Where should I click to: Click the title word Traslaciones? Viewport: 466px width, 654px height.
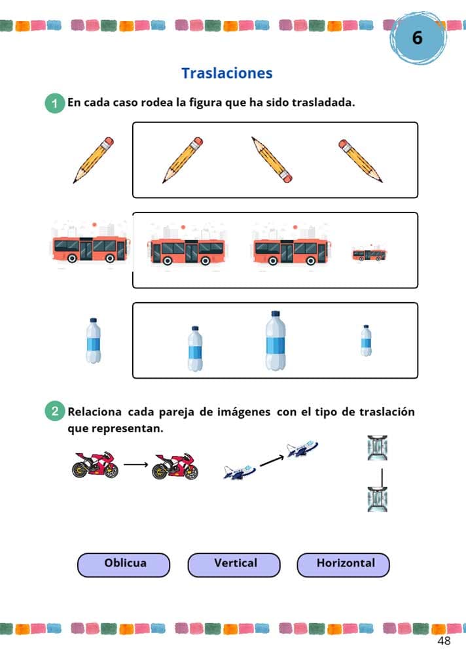click(x=226, y=73)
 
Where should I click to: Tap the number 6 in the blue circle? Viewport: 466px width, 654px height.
click(x=418, y=37)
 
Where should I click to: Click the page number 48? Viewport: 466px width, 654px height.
click(x=444, y=640)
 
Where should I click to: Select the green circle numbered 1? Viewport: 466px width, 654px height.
click(x=54, y=103)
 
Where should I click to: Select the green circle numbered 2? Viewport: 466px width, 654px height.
click(x=54, y=412)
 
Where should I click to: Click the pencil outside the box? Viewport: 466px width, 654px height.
click(x=94, y=160)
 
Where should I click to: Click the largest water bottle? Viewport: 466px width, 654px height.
click(x=276, y=341)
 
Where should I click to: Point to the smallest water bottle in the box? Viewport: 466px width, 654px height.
click(x=367, y=341)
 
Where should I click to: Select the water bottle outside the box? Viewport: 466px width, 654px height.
click(x=94, y=341)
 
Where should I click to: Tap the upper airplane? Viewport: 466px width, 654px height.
click(x=302, y=449)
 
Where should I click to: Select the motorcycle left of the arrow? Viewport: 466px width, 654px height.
click(x=95, y=465)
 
